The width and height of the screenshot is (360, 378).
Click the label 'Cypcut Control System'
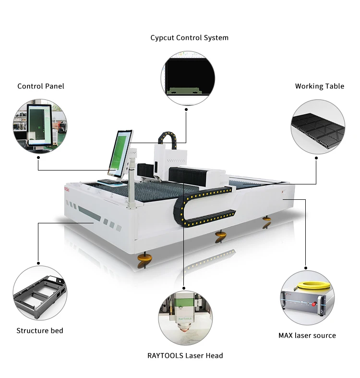point(189,37)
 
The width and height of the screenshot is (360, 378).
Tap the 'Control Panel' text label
point(41,86)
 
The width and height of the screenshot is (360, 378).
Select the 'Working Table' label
point(319,86)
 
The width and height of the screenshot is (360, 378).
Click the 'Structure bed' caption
point(40,330)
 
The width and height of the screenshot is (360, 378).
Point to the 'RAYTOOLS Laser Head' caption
point(185,355)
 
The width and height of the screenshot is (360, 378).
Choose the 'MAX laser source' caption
point(307,335)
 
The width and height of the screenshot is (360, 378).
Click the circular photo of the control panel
point(40,126)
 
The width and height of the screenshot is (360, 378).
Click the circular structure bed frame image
point(39,293)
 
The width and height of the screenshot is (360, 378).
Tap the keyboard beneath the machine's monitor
point(108,182)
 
